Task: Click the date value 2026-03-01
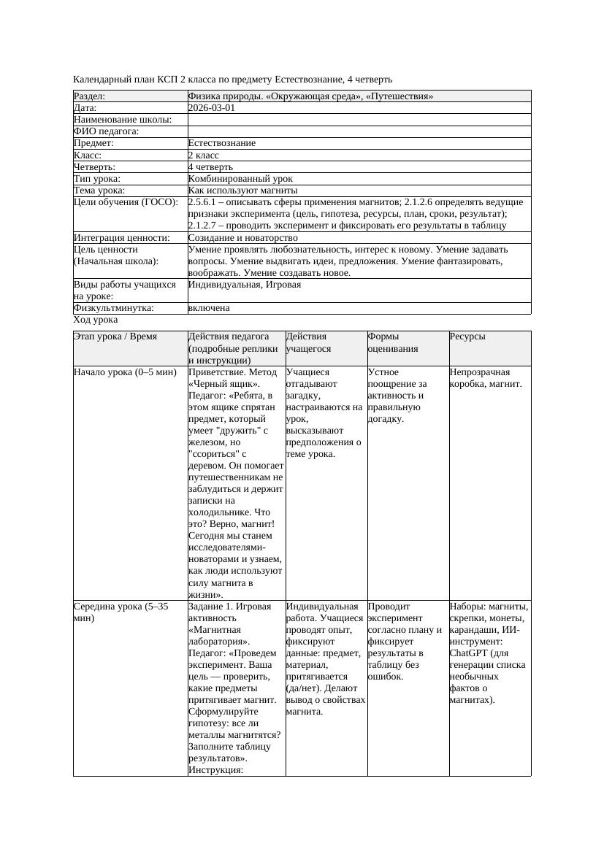[211, 108]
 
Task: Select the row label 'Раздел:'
[90, 96]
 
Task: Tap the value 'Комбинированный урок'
[240, 179]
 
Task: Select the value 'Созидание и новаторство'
[242, 238]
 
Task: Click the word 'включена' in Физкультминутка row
[209, 308]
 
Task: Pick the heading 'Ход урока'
[96, 320]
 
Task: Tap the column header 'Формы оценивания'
[393, 342]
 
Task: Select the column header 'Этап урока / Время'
[115, 336]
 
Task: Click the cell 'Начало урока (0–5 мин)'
[125, 372]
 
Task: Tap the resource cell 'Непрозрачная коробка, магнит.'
[485, 378]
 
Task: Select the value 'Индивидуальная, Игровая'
[245, 285]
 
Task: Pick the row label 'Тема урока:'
[99, 191]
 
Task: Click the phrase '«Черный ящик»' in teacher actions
[218, 384]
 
